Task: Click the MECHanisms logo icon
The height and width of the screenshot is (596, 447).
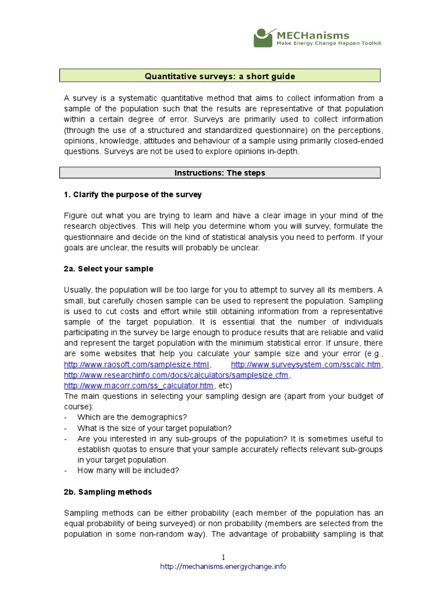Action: (x=264, y=37)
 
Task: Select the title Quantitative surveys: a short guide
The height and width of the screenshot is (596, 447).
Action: (x=220, y=76)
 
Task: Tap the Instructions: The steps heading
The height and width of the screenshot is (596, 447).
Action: (x=220, y=173)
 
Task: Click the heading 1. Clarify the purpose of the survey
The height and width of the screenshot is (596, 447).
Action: (x=133, y=194)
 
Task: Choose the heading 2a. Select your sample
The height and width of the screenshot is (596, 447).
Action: (x=109, y=269)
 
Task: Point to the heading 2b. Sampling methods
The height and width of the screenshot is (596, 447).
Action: (x=108, y=492)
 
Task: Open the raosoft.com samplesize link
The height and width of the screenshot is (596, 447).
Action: (x=136, y=365)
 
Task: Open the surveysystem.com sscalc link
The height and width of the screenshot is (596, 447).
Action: (x=307, y=365)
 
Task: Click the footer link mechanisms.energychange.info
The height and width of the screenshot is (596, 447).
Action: (x=223, y=567)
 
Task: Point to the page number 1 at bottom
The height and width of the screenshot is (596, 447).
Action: (x=223, y=557)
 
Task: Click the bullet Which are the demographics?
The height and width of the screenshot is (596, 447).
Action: (x=132, y=417)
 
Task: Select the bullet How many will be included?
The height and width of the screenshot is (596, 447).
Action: (x=128, y=470)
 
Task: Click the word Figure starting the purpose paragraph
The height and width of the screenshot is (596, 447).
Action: (x=76, y=215)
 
